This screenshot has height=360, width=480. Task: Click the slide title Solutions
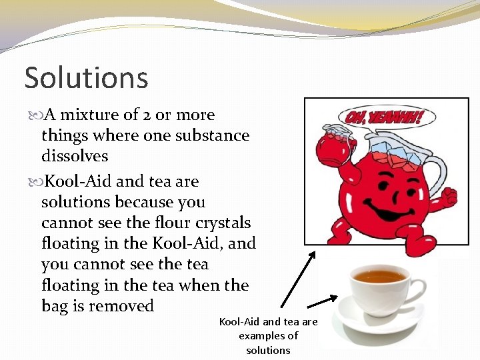[86, 78]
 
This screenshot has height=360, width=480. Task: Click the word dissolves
[75, 156]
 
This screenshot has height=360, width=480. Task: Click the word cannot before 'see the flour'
[67, 222]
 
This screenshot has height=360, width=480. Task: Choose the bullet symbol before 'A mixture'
[34, 115]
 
